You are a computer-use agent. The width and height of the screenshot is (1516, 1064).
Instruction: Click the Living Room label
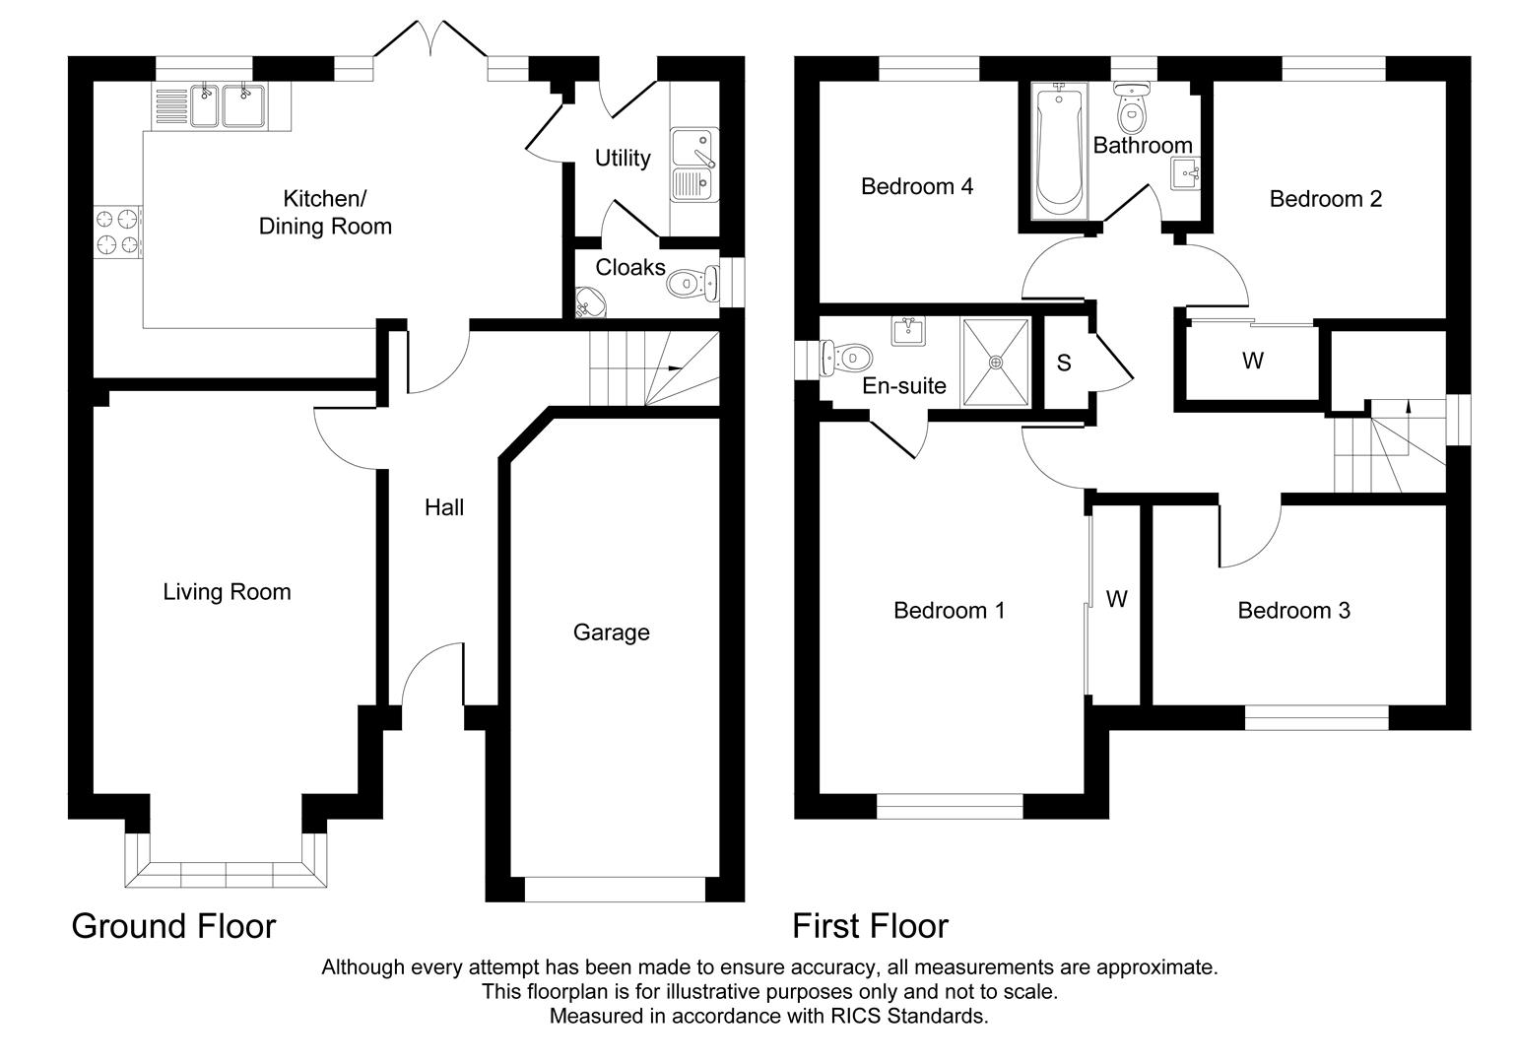pyautogui.click(x=227, y=592)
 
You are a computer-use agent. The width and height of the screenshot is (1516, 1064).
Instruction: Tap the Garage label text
pyautogui.click(x=611, y=632)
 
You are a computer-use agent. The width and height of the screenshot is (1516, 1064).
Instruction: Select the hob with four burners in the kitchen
pyautogui.click(x=118, y=232)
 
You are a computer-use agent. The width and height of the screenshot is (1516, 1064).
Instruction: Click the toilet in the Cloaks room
pyautogui.click(x=693, y=285)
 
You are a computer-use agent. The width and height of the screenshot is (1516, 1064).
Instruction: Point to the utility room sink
pyautogui.click(x=694, y=165)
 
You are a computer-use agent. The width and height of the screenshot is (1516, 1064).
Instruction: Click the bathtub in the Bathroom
pyautogui.click(x=1058, y=153)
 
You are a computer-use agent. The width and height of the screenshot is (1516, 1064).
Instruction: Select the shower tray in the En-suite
pyautogui.click(x=996, y=362)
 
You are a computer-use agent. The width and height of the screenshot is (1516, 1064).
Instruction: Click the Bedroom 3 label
pyautogui.click(x=1293, y=611)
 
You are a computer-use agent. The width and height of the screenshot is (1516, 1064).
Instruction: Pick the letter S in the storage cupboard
pyautogui.click(x=1064, y=363)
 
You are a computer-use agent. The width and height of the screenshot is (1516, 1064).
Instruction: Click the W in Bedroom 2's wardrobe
pyautogui.click(x=1252, y=362)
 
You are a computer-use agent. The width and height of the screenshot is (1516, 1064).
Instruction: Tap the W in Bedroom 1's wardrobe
pyautogui.click(x=1116, y=599)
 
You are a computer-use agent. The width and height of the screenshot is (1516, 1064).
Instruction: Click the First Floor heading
pyautogui.click(x=870, y=926)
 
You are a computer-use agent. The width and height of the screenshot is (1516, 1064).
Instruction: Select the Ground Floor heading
pyautogui.click(x=173, y=926)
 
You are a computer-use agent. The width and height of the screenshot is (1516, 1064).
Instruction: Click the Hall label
pyautogui.click(x=444, y=507)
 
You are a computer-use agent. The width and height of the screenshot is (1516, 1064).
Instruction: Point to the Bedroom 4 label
pyautogui.click(x=917, y=186)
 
